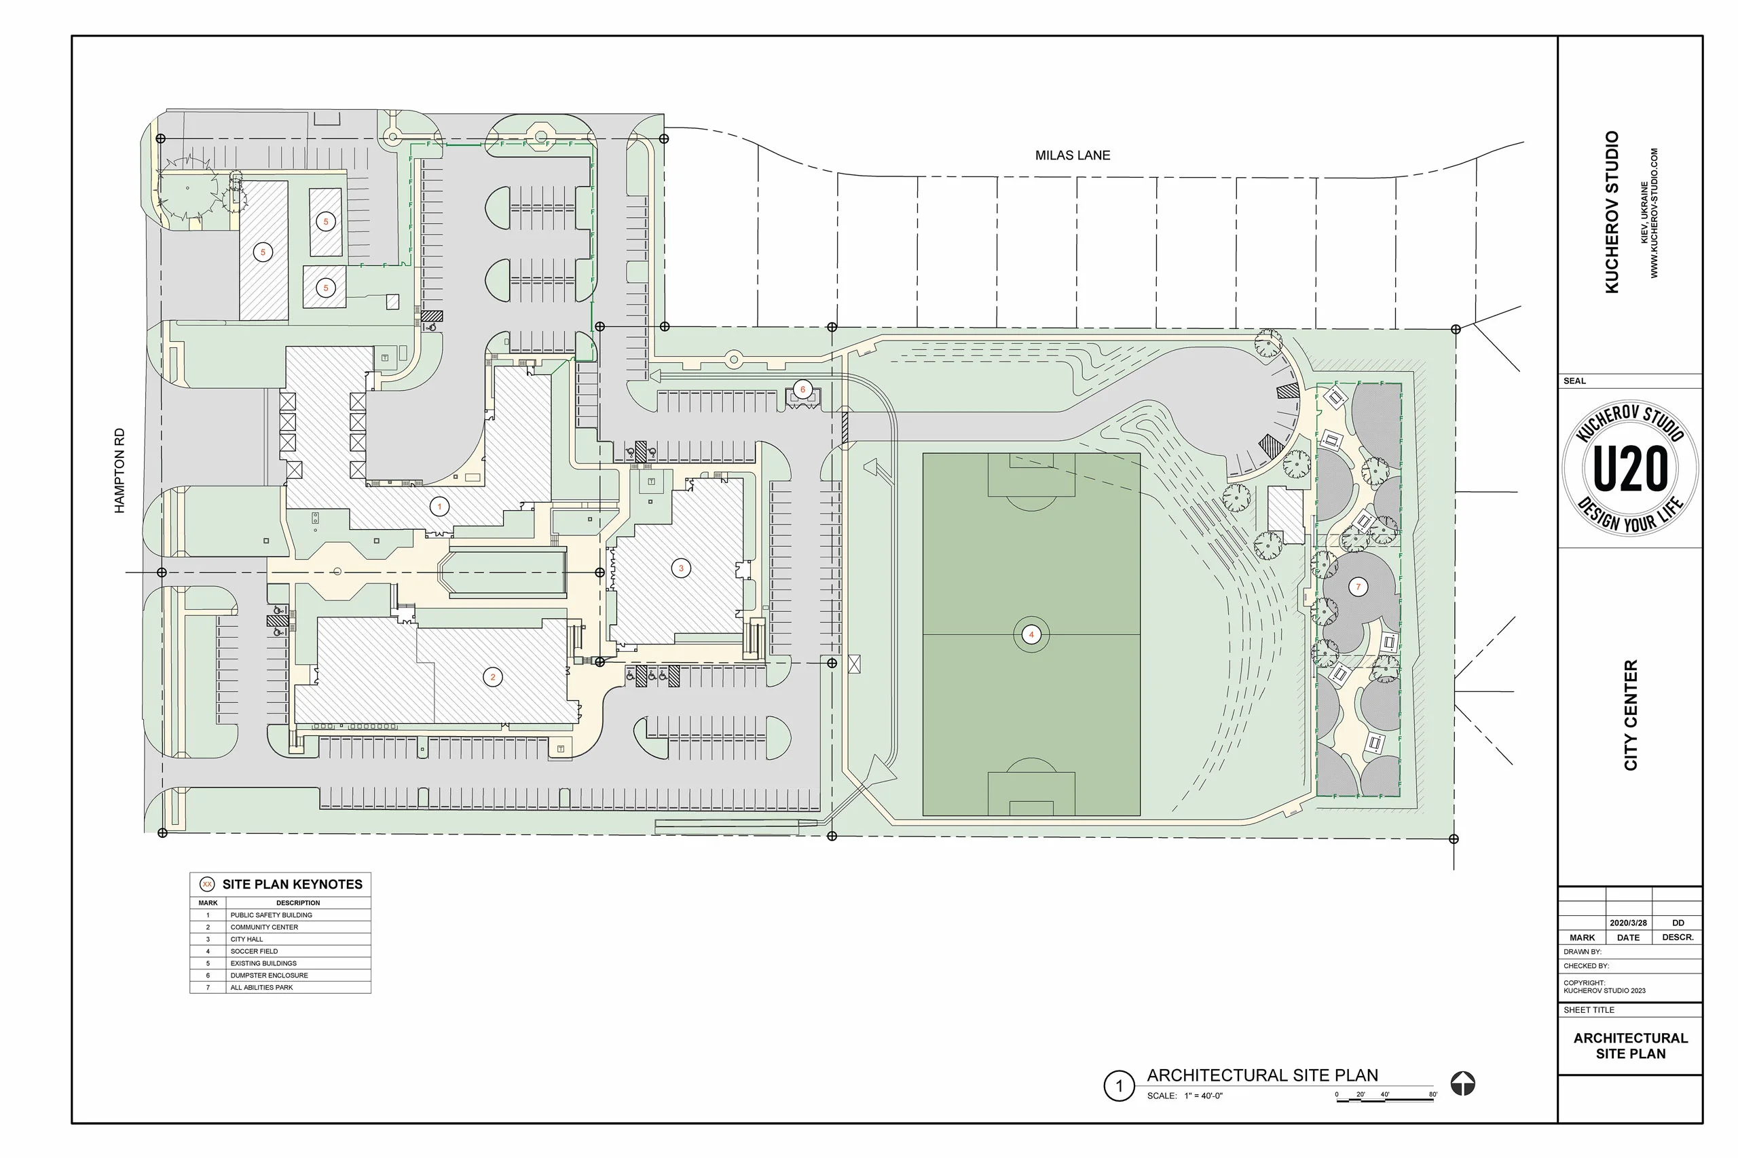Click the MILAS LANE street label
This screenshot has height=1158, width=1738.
(1072, 155)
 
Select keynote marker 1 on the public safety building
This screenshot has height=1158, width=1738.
(440, 507)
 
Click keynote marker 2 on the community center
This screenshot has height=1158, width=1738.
(493, 676)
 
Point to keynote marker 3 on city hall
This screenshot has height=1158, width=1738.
(680, 568)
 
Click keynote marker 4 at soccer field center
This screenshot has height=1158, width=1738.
(1031, 634)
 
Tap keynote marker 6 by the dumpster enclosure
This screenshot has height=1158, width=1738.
(802, 389)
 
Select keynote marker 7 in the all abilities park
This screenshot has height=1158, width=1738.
(1357, 587)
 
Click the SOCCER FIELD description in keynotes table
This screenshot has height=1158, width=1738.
(254, 951)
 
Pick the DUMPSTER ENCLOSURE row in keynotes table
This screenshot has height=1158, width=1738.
(269, 975)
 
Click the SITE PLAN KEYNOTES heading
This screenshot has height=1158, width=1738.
(292, 884)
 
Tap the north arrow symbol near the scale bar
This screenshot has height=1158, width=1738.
(1462, 1084)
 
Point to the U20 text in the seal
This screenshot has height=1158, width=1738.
(1630, 469)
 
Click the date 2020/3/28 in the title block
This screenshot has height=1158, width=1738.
(1628, 923)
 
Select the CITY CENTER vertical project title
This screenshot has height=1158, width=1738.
(1630, 715)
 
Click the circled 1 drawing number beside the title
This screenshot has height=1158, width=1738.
(1119, 1086)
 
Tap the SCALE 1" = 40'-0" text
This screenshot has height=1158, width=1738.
(1185, 1096)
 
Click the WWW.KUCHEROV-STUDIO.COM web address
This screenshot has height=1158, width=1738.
(1654, 214)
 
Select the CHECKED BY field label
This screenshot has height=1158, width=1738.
(1586, 965)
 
